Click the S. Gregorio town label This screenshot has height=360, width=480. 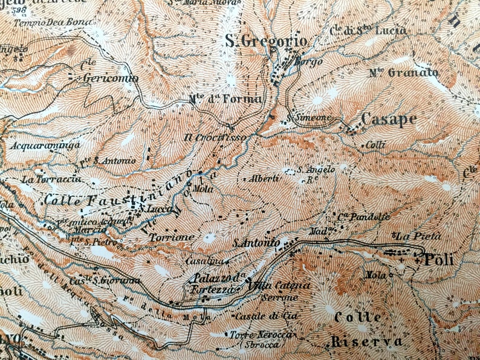point(266,42)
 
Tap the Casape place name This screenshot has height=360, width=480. point(388,119)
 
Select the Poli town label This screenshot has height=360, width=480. point(438,260)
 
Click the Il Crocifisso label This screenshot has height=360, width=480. point(215,138)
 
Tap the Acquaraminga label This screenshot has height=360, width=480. point(37,146)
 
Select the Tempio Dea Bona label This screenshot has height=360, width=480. point(47,22)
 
